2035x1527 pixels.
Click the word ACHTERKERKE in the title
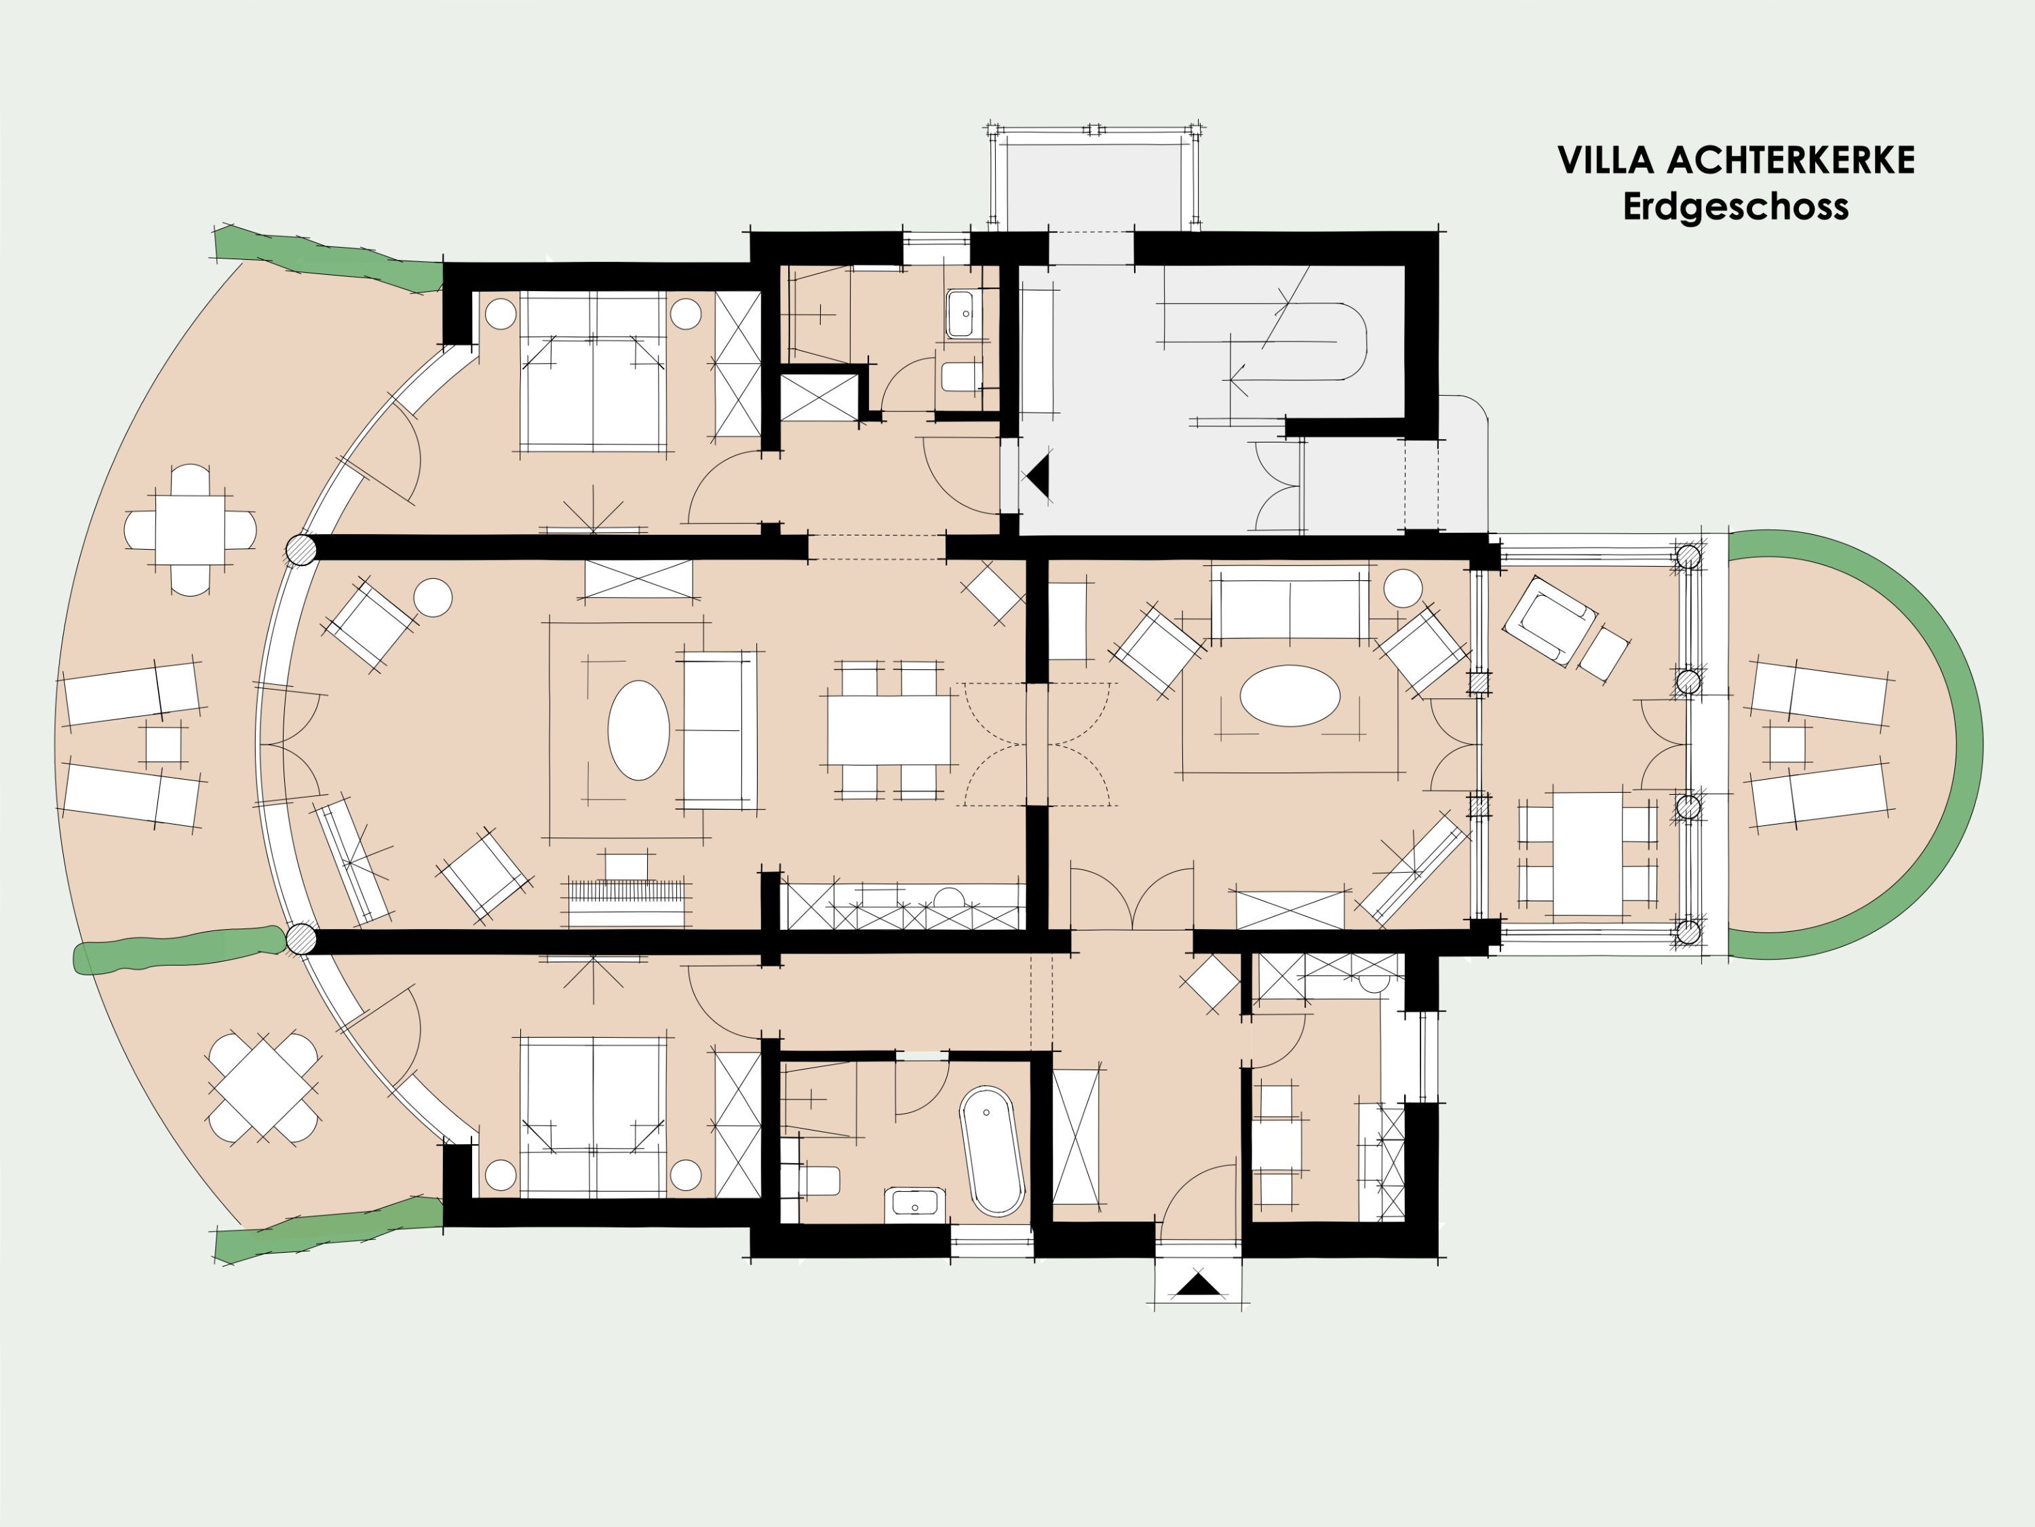pos(1790,160)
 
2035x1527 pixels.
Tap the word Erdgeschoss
pos(1736,206)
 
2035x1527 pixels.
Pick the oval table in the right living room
pos(1290,696)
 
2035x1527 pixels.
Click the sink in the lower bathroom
pos(914,1205)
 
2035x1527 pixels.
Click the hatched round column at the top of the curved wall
pos(300,550)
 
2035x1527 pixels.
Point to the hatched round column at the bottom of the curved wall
pos(300,940)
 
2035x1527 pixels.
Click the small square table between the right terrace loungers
pos(1787,744)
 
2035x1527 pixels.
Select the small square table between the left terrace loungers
pos(163,744)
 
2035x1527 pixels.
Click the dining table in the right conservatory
pos(1589,853)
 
